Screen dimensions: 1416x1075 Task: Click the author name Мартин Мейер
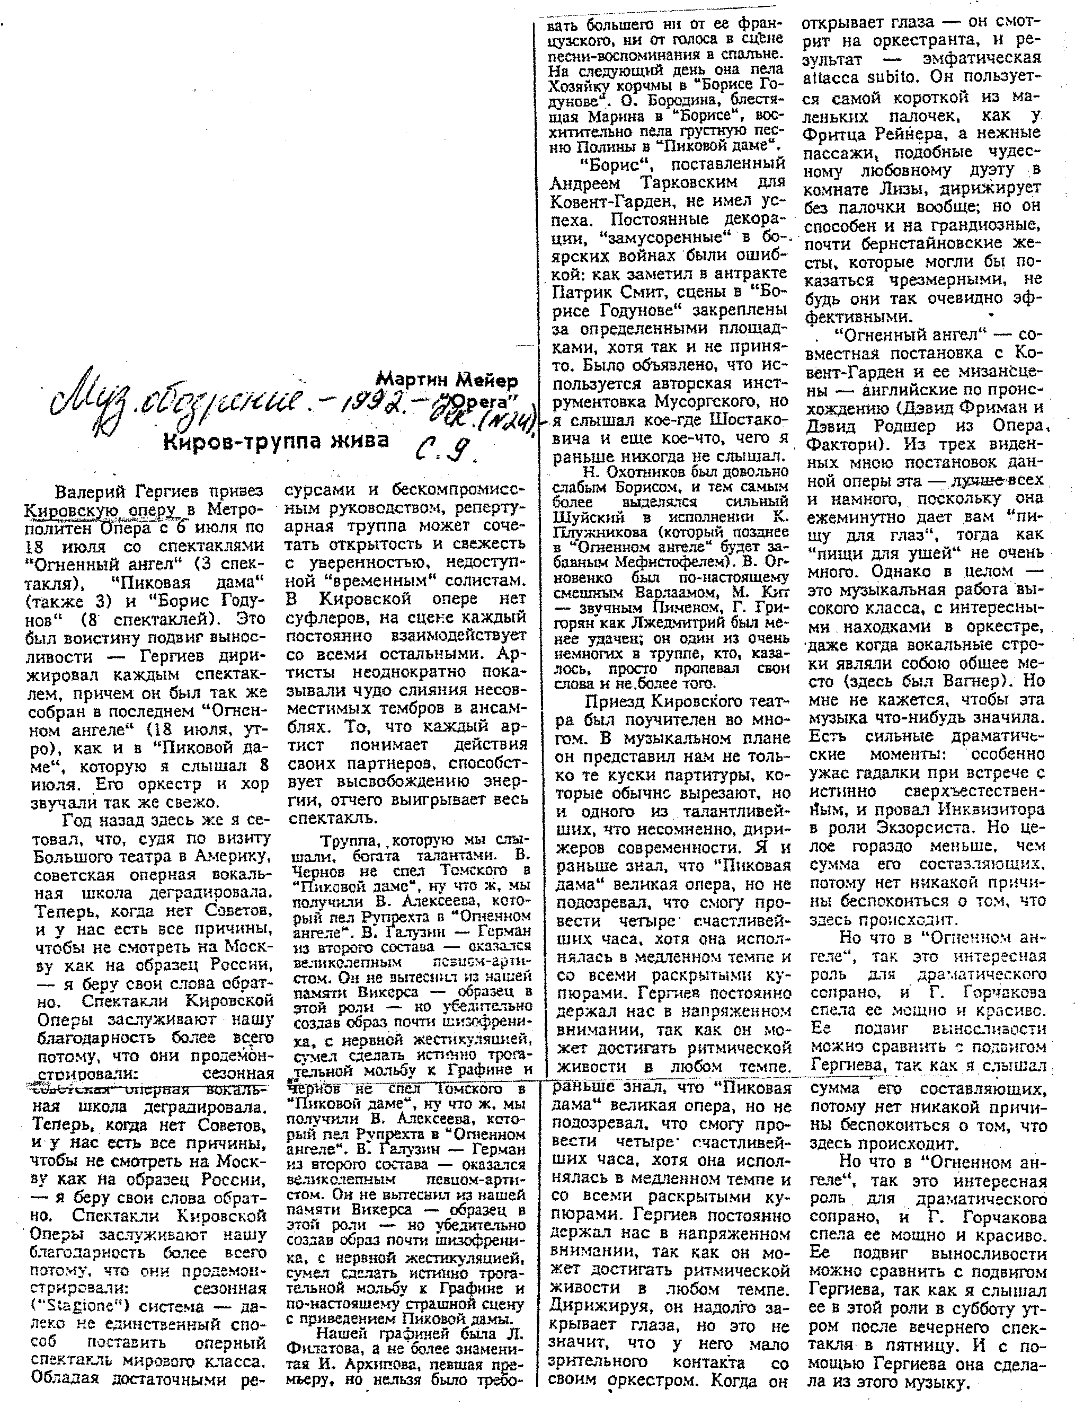pyautogui.click(x=446, y=380)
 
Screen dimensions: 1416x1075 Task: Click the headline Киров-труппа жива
pyautogui.click(x=277, y=442)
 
